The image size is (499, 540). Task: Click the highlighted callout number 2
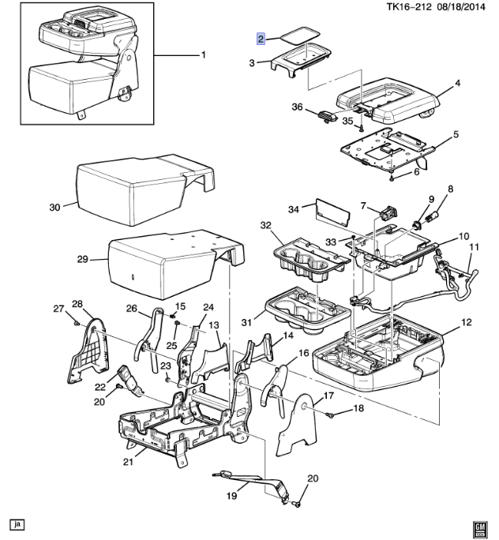pos(261,37)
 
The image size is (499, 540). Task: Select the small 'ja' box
pos(16,523)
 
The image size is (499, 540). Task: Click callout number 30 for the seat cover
pos(54,208)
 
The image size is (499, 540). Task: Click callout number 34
pos(293,208)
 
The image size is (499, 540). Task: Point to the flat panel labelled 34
pos(332,212)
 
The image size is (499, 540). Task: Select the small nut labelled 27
pos(73,321)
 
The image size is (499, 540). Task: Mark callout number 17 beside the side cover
pos(329,396)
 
